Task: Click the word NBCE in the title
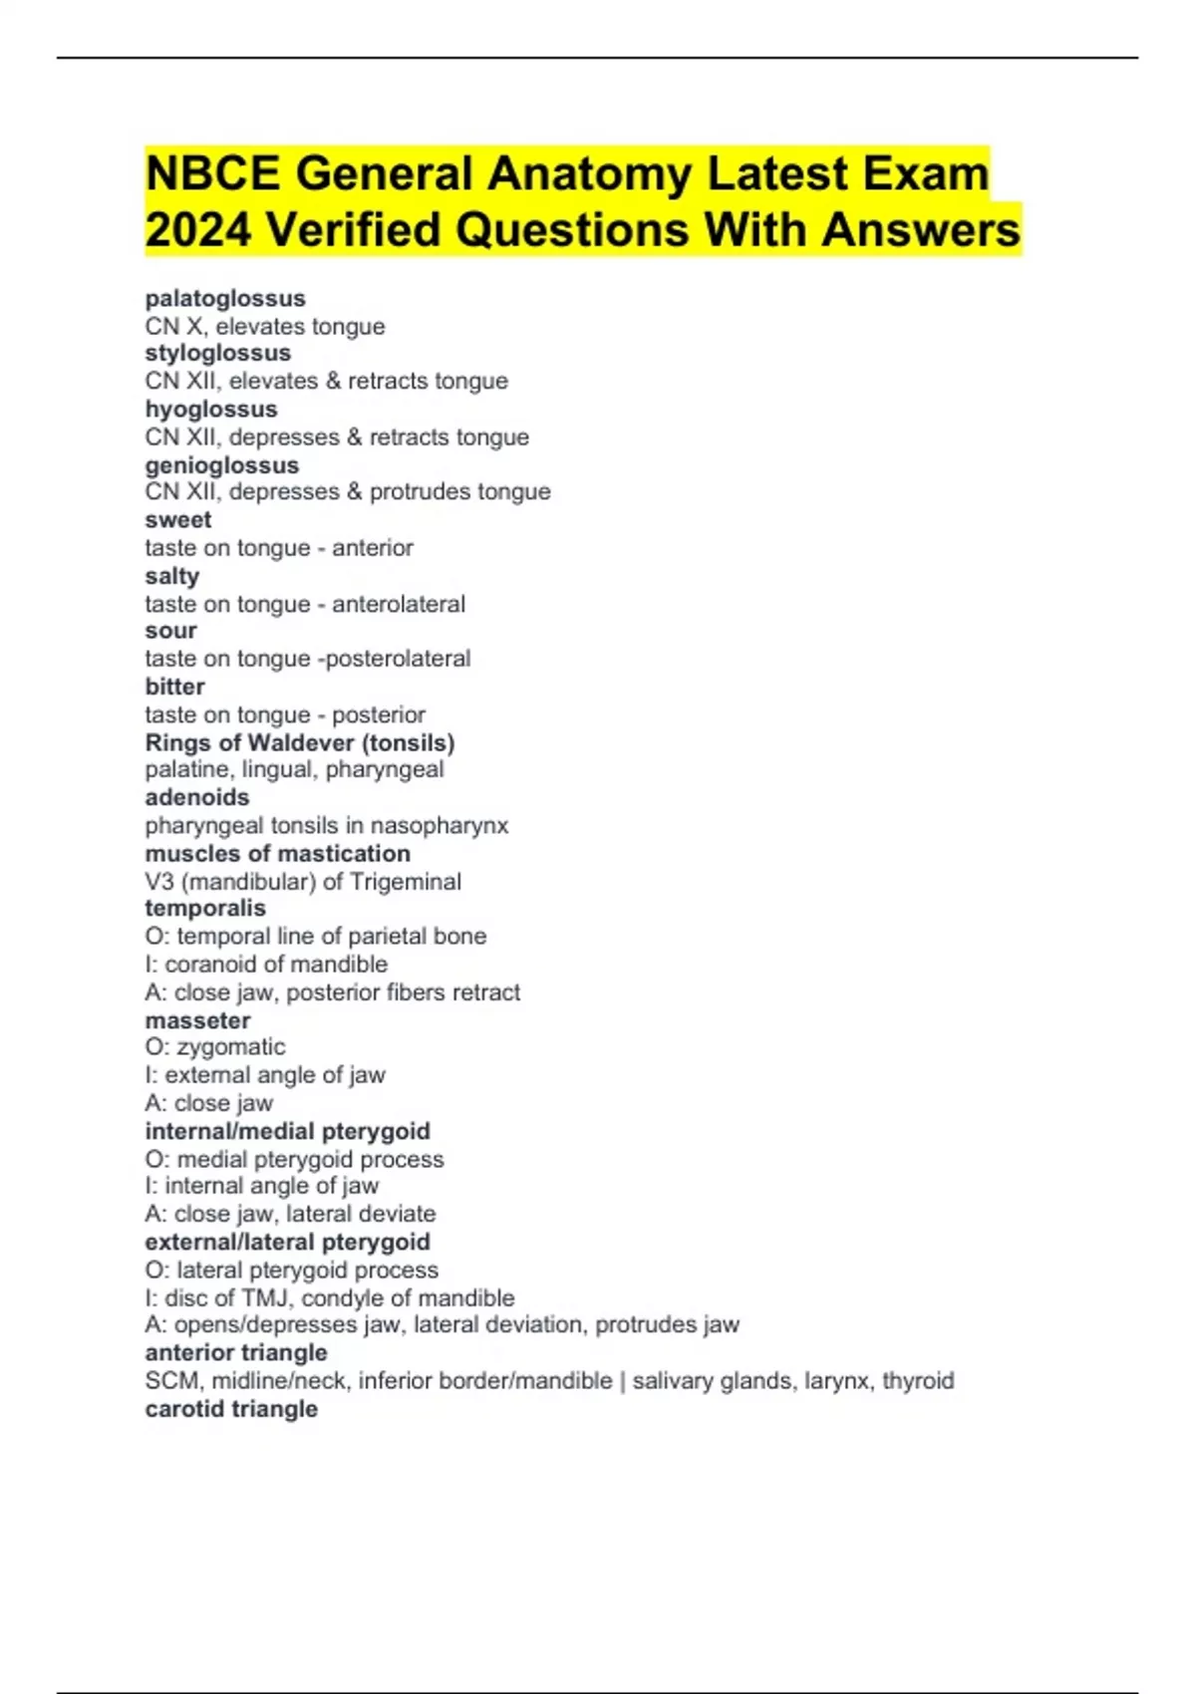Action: click(211, 173)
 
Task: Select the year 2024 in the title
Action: click(197, 229)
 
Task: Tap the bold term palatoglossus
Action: click(225, 298)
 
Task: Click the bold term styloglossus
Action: click(218, 353)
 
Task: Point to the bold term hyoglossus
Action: click(211, 409)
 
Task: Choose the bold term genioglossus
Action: click(222, 465)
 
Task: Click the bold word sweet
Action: click(178, 520)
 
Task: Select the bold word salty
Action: click(172, 576)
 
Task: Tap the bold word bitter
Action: click(175, 687)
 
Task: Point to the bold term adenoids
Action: click(197, 797)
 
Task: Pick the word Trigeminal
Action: click(406, 882)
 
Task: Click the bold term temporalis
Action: click(205, 908)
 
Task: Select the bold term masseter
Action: click(198, 1020)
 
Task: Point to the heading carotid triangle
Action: click(231, 1409)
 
